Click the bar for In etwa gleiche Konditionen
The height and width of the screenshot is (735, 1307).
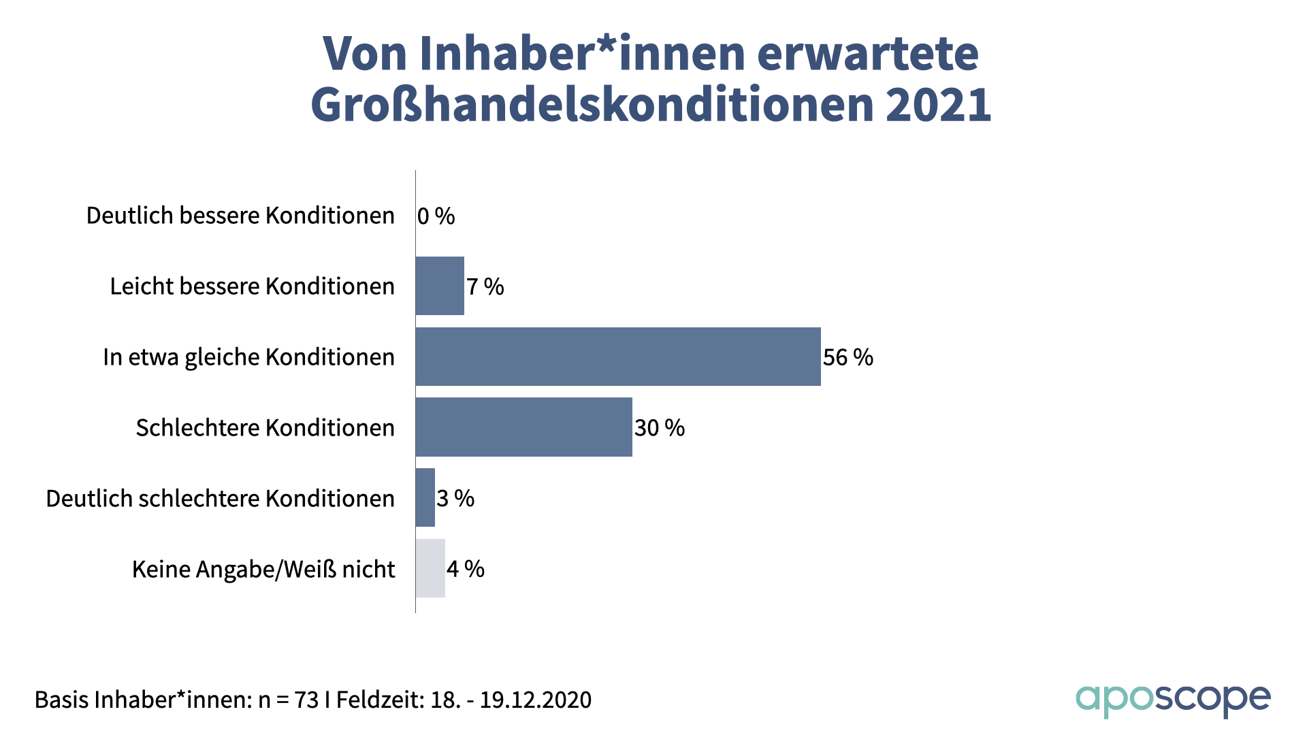[618, 357]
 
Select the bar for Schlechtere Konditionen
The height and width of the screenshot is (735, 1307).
[523, 427]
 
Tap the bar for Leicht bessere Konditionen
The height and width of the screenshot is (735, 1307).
[440, 286]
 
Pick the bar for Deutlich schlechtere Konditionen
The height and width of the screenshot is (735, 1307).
[425, 497]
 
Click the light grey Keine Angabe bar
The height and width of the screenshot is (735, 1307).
[430, 568]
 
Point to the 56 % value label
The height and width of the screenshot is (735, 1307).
[848, 357]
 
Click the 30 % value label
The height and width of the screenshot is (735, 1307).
[659, 428]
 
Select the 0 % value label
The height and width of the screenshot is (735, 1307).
[436, 216]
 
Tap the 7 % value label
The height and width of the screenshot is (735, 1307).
[485, 287]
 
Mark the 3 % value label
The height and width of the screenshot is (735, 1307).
[455, 498]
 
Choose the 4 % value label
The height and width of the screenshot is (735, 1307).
[466, 569]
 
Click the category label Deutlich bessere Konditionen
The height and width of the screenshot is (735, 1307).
[240, 216]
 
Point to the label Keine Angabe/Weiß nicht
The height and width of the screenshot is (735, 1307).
[263, 569]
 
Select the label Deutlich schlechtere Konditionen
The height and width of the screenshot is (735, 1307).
[220, 498]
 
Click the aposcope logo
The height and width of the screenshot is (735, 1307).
[1172, 700]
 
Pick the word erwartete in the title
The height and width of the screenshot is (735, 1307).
[867, 53]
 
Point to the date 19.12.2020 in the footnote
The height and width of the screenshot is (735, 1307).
[535, 700]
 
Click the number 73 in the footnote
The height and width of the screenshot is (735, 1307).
[306, 700]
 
